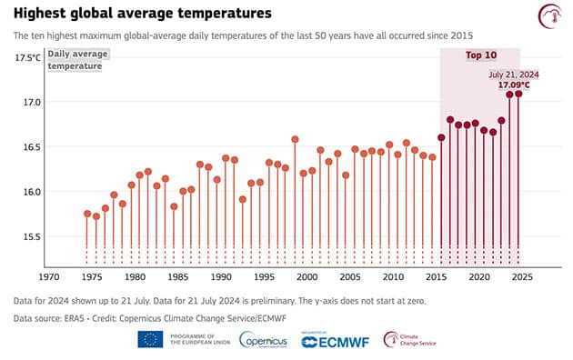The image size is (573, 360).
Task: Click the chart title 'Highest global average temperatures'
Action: [142, 14]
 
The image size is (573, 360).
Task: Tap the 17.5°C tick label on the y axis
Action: [27, 57]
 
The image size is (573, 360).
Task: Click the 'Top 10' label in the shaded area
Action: [480, 55]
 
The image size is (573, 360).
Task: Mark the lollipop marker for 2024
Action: [518, 93]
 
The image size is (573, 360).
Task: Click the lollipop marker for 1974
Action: [87, 214]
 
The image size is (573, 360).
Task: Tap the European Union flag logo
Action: [151, 340]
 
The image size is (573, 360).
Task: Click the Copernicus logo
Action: [265, 340]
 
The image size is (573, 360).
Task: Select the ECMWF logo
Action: [336, 341]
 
